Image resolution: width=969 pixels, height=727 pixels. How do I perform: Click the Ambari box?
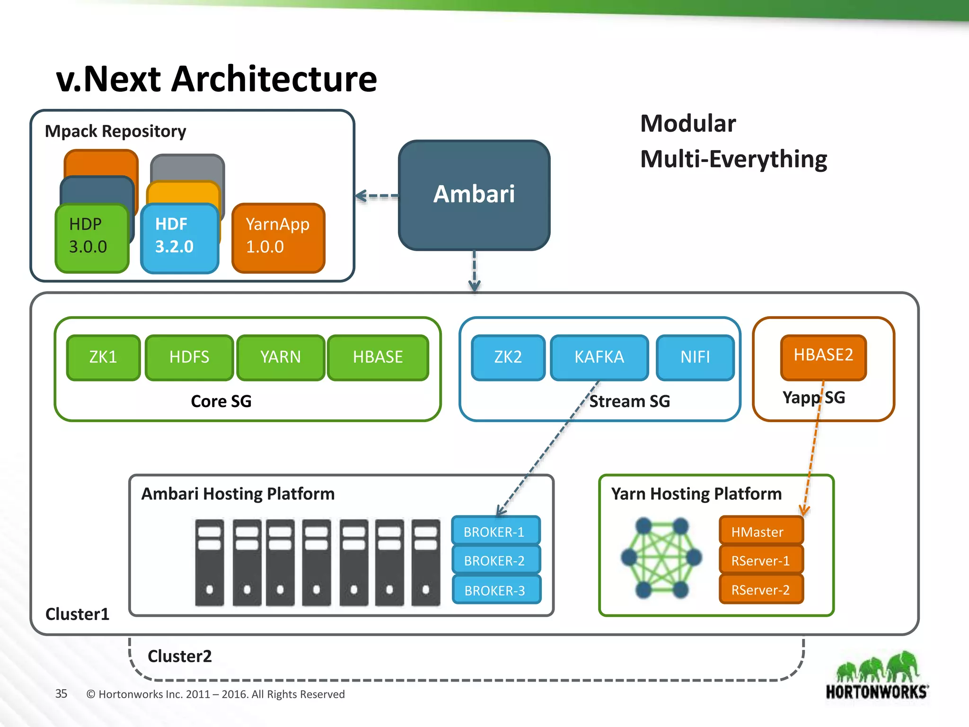point(474,195)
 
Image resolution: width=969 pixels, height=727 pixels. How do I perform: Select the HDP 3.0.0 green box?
point(92,238)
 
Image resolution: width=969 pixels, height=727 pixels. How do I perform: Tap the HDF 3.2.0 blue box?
point(179,238)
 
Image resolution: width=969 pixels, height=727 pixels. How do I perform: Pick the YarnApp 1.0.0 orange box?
point(278,238)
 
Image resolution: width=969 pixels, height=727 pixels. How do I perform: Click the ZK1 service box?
point(103,357)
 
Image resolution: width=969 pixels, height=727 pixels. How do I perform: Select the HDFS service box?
point(189,357)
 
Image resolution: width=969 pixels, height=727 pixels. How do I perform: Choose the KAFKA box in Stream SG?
point(599,357)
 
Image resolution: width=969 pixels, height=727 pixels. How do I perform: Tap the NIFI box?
point(695,357)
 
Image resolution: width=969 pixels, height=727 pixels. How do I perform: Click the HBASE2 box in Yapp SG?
point(823,356)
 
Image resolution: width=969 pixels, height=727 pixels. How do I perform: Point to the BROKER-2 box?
point(495,561)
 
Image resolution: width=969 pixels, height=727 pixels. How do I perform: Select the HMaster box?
point(760,532)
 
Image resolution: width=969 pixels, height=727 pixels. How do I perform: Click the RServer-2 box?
point(760,590)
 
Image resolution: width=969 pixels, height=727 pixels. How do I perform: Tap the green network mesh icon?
point(661,558)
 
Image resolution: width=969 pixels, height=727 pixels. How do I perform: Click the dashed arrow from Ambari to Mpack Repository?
point(377,195)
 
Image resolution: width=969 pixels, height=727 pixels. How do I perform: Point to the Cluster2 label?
point(180,656)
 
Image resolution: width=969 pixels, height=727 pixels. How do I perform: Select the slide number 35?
point(61,694)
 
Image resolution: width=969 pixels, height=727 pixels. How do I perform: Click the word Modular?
point(687,124)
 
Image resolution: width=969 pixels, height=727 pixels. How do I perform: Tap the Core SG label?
point(221,401)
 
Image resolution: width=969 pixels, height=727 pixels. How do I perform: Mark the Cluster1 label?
point(77,614)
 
